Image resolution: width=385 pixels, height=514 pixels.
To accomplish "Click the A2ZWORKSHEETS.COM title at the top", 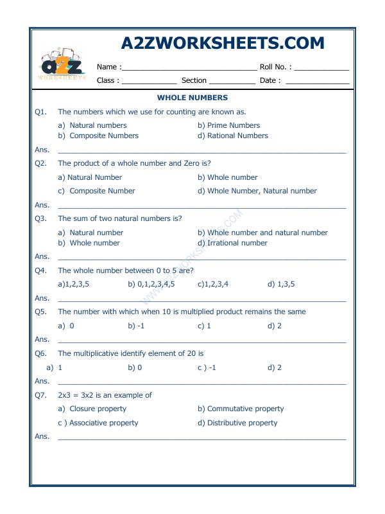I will (222, 43).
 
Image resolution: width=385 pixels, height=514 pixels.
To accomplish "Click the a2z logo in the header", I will (61, 66).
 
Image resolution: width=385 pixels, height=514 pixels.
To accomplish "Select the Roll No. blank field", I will (321, 67).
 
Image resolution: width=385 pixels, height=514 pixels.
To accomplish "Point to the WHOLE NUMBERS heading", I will (193, 98).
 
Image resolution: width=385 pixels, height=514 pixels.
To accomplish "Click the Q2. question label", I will (41, 163).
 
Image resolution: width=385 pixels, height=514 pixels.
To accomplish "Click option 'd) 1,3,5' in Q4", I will (281, 284).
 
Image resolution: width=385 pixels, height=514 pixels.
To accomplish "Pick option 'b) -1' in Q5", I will (135, 326).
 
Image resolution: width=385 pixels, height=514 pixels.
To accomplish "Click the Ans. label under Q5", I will (42, 339).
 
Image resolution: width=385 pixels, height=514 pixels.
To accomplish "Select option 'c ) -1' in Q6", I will (207, 368).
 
